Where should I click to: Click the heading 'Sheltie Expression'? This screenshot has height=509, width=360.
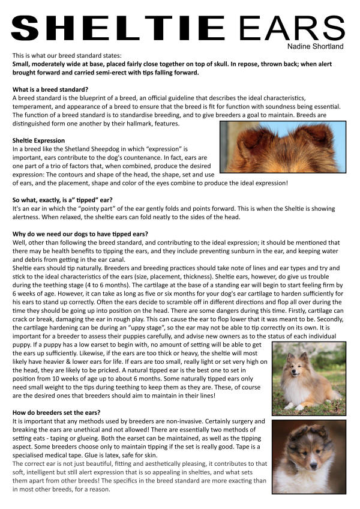(38, 140)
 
